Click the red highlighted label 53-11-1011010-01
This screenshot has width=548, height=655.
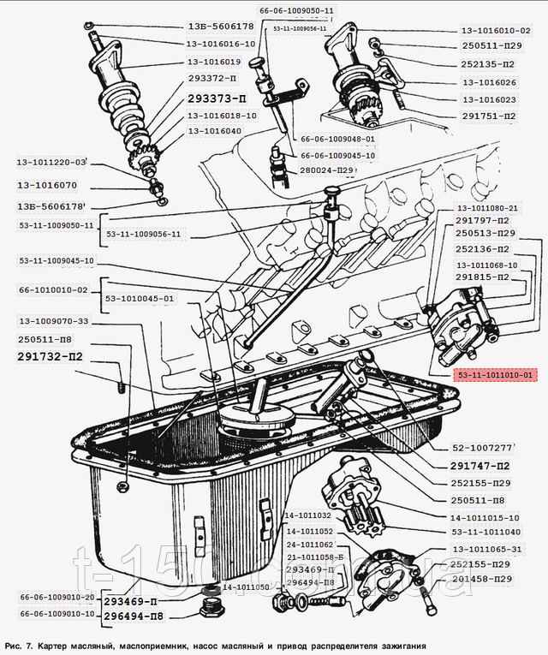[x=495, y=375]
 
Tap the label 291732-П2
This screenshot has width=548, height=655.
[x=50, y=356]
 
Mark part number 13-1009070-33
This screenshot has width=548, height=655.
[x=53, y=321]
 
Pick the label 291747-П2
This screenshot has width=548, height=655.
[x=480, y=466]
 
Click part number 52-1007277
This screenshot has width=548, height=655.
[x=482, y=447]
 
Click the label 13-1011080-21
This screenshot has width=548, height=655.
[x=487, y=208]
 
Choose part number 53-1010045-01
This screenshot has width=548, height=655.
[x=140, y=299]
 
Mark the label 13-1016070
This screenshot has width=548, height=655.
[x=48, y=184]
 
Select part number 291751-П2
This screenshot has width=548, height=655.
[x=488, y=116]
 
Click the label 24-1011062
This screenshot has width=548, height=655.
[x=309, y=545]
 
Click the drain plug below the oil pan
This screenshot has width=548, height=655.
[x=210, y=610]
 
